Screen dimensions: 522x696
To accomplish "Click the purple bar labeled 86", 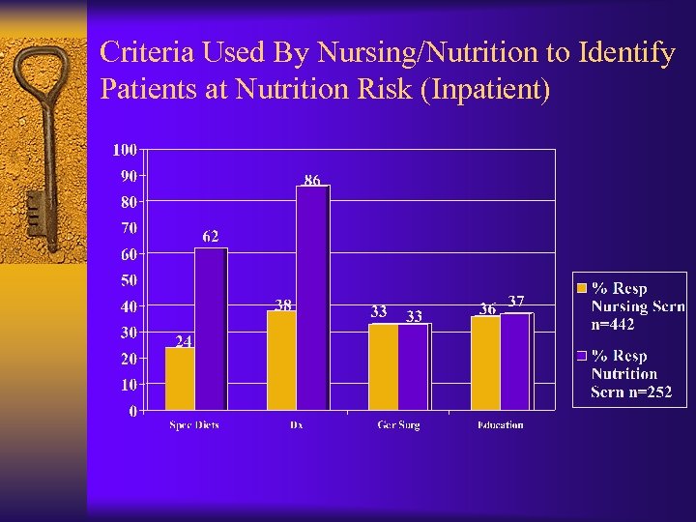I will click(x=313, y=297).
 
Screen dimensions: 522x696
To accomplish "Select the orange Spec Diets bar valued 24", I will click(x=180, y=378).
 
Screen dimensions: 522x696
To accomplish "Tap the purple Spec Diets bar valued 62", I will click(x=211, y=329).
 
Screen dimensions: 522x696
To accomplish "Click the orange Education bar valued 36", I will click(x=485, y=362).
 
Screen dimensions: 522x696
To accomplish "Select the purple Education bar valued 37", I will click(x=516, y=362).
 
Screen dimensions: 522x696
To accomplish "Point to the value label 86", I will click(x=312, y=180).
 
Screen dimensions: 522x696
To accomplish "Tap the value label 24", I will click(x=184, y=340).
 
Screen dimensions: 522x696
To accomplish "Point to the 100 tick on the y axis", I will click(x=125, y=150).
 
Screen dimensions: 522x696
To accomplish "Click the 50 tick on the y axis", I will click(x=128, y=280).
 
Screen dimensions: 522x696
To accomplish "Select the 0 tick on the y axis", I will click(x=132, y=411).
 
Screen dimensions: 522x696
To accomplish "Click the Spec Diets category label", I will click(x=194, y=425).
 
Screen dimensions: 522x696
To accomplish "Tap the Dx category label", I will click(x=297, y=425).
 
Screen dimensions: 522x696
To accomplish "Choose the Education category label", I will click(x=500, y=425).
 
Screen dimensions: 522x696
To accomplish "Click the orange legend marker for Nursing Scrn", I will click(x=581, y=288).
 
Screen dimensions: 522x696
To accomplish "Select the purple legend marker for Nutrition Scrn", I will click(x=581, y=356).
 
